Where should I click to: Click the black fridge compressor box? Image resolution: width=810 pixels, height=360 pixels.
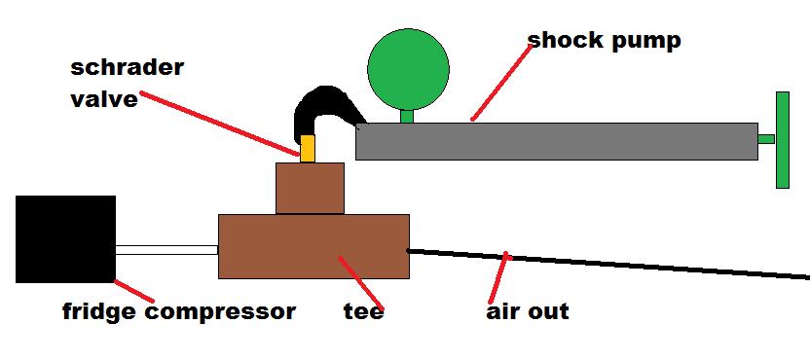pos(65,238)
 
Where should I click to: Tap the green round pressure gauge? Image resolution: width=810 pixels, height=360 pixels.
pos(408,67)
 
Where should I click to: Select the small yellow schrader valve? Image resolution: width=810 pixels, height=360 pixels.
pos(308,149)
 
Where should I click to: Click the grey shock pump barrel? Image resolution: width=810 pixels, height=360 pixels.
pos(556,141)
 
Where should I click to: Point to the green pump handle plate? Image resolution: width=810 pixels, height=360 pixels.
pos(781,139)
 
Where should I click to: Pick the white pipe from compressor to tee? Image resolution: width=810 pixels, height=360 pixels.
pos(166,250)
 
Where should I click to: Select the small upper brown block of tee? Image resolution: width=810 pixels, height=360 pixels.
pos(310,188)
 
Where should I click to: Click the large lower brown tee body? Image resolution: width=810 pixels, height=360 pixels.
pos(313,246)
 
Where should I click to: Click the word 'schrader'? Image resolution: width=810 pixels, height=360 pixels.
pos(127,68)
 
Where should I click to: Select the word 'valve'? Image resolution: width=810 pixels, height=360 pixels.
pos(103,98)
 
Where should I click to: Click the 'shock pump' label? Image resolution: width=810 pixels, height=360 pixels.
pos(604,40)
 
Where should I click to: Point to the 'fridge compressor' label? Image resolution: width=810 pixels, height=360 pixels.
pos(178,312)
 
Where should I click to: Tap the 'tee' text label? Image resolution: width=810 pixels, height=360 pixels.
pos(363,312)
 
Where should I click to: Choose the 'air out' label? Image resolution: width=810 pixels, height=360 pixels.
pos(528,312)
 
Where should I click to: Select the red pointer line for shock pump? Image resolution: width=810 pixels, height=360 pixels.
pos(501,83)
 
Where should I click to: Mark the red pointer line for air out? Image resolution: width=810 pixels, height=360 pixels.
pos(497,277)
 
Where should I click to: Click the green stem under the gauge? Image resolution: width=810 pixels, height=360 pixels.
pos(408,116)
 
